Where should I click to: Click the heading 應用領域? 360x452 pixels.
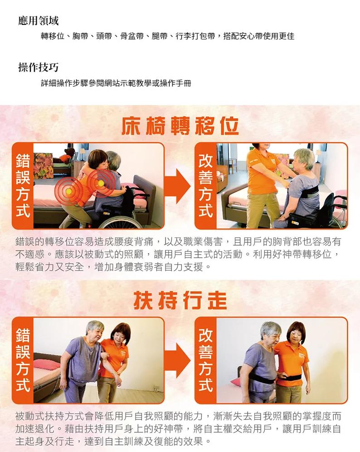pos(39,21)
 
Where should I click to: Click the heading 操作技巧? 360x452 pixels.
pos(39,67)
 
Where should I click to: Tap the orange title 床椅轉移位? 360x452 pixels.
pos(180,126)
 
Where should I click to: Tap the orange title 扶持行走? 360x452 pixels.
pos(180,300)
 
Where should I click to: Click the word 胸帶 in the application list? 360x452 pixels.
pos(80,36)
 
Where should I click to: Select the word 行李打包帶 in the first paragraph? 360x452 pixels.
pos(195,36)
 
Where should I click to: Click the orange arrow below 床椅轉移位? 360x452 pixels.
pos(177,186)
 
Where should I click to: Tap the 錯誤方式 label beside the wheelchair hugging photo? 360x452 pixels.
pos(23,186)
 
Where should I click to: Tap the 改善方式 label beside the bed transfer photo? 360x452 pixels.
pos(205,186)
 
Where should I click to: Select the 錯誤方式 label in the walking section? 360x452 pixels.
pos(23,360)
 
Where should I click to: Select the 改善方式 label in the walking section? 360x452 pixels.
pos(205,360)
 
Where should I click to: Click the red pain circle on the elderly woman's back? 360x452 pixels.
pos(101,183)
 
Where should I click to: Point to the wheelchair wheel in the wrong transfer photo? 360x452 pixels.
pos(121,221)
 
